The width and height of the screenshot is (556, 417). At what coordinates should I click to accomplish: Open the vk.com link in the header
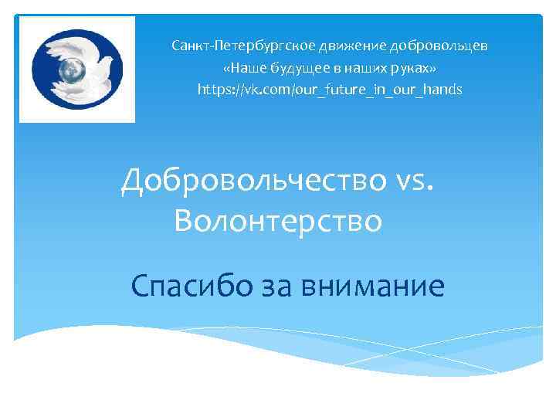click(x=330, y=90)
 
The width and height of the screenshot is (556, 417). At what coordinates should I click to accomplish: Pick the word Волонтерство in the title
click(x=278, y=222)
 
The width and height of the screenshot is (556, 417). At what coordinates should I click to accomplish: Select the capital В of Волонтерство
click(x=185, y=222)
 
